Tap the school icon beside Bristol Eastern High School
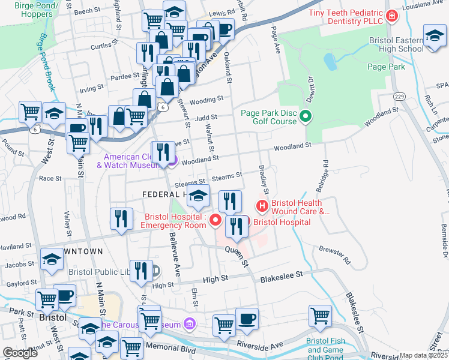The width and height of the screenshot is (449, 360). (x=434, y=36)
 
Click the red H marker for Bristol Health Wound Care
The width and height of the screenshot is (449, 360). (x=262, y=206)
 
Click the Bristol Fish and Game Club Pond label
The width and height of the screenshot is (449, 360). (x=325, y=349)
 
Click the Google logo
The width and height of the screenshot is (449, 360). (x=20, y=353)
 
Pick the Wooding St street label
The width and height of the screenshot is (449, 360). (x=208, y=98)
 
